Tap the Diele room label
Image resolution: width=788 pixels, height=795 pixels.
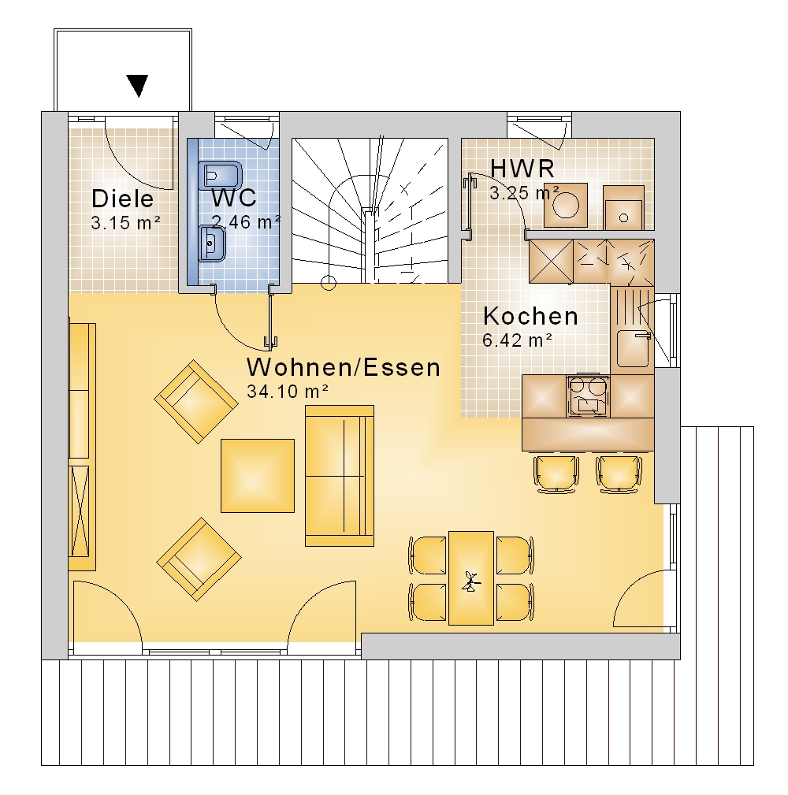coord(123,199)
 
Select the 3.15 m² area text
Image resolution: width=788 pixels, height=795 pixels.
coord(126,222)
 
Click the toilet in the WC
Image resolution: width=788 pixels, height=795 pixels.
coord(221,176)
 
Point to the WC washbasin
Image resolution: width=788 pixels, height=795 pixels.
coord(212,244)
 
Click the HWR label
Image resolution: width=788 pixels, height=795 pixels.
coord(522,169)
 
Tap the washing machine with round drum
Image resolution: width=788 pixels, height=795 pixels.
coord(566,206)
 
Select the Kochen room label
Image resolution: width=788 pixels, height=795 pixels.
coord(530,316)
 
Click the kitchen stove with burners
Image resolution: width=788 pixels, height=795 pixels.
coord(588,396)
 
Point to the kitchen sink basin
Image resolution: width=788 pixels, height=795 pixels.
coord(634,348)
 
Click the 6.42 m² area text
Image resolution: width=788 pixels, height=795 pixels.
coord(517,340)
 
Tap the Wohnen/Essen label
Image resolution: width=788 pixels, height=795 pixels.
coord(344,367)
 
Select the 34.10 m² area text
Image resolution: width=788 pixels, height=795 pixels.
coord(288,392)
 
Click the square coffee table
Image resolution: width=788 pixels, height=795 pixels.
coord(258,476)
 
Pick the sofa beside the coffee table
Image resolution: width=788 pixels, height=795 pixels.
coord(340,476)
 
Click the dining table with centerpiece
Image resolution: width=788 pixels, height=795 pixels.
coord(471,578)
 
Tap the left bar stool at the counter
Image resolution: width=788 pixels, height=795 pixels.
coord(556,474)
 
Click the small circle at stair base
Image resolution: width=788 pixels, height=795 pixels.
coord(329,283)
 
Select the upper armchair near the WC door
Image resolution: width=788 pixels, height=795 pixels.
coord(195,402)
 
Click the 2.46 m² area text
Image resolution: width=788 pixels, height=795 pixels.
coord(247,222)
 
